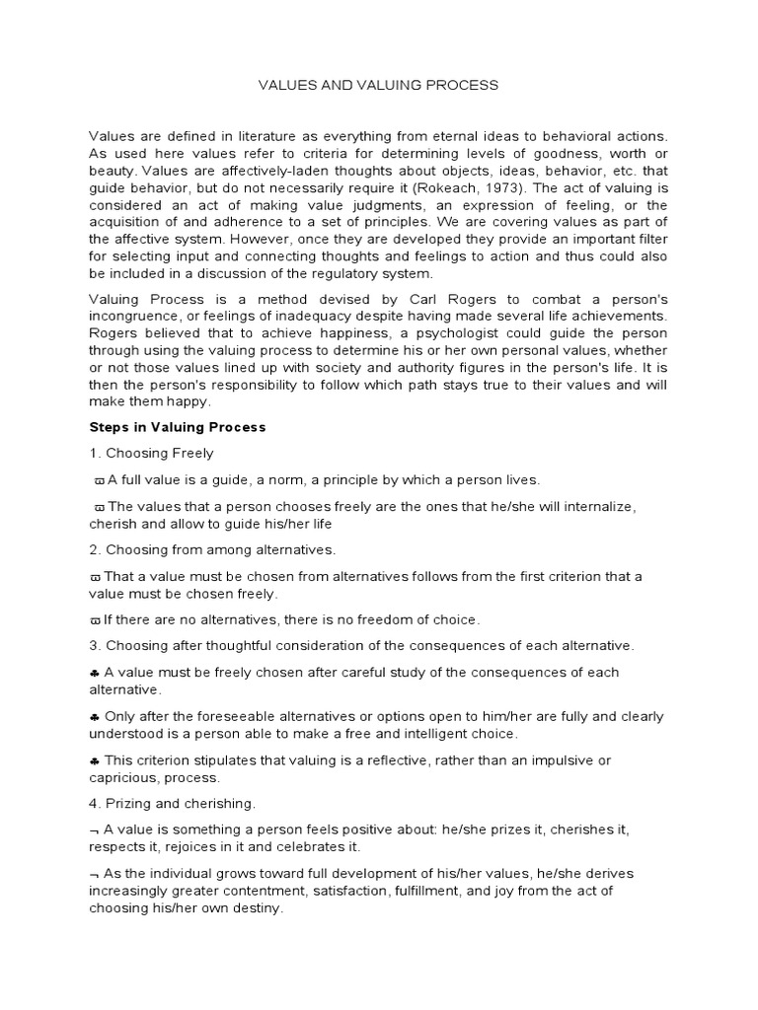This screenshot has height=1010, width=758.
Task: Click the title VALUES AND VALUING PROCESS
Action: [x=378, y=85]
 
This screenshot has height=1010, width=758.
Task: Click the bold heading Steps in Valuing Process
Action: [x=178, y=428]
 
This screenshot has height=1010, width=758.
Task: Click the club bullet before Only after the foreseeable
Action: [x=94, y=716]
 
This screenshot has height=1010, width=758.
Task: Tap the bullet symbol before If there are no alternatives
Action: [x=95, y=620]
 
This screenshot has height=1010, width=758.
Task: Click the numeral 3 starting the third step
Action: [x=93, y=646]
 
